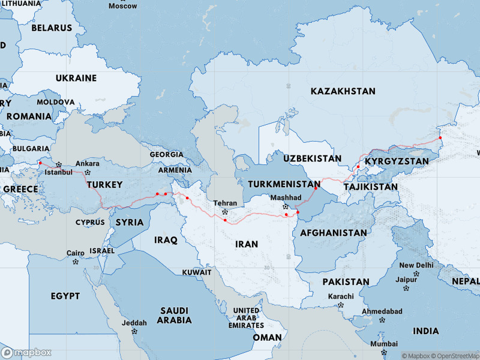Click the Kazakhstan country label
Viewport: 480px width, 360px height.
[343, 91]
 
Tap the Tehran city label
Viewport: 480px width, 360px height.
[226, 203]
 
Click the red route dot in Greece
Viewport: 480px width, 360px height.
[40, 163]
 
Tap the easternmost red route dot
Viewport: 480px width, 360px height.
[440, 137]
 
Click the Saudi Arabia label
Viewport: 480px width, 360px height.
[174, 315]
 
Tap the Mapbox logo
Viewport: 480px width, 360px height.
[26, 352]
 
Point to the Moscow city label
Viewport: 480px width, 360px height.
[122, 6]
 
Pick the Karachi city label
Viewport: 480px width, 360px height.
[341, 297]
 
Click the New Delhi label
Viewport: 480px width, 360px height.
[416, 265]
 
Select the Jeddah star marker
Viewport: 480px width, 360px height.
[134, 331]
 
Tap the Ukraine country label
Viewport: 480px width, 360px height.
[76, 78]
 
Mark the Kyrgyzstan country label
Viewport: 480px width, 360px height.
[397, 161]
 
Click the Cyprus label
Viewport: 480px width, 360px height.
[90, 223]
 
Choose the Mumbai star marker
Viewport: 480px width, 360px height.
[383, 352]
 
